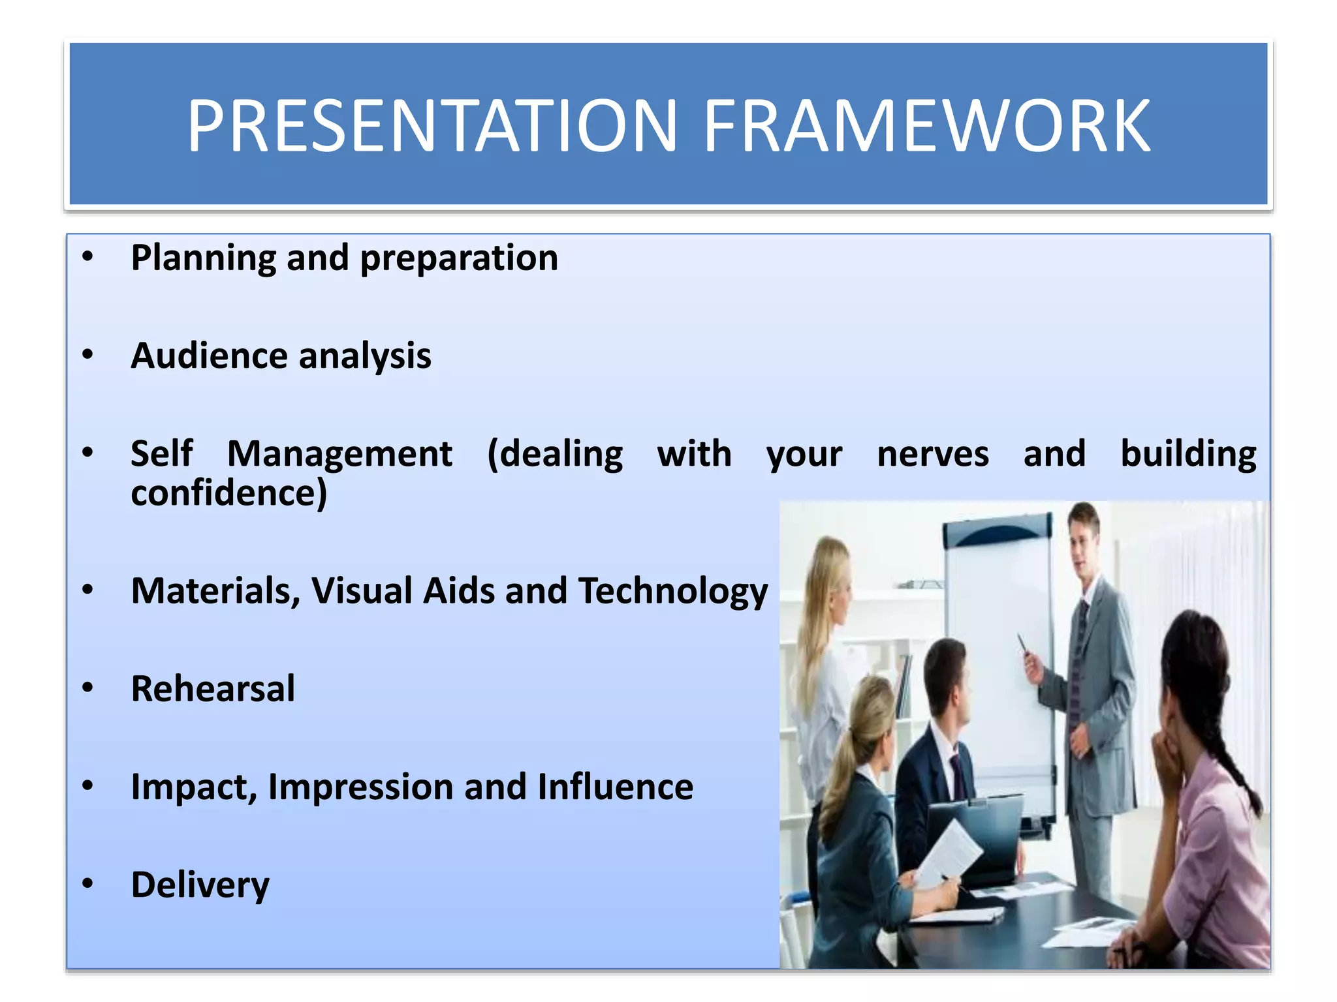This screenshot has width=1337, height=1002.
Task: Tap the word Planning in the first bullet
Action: [x=203, y=258]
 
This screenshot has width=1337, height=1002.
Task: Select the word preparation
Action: [x=459, y=258]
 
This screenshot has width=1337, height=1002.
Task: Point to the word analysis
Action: [x=365, y=356]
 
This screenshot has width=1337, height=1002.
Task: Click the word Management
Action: [x=339, y=454]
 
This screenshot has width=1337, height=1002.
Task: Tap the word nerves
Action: [x=933, y=454]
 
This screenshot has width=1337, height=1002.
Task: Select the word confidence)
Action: [x=229, y=493]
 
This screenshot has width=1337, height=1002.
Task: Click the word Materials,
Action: [x=215, y=591]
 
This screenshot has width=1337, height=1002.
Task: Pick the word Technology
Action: [x=673, y=591]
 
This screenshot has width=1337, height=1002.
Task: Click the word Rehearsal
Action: [x=213, y=689]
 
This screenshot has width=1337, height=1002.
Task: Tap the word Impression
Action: [x=360, y=787]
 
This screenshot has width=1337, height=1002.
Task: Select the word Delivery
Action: [x=200, y=885]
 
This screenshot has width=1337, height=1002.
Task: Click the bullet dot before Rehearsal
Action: [x=87, y=688]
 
